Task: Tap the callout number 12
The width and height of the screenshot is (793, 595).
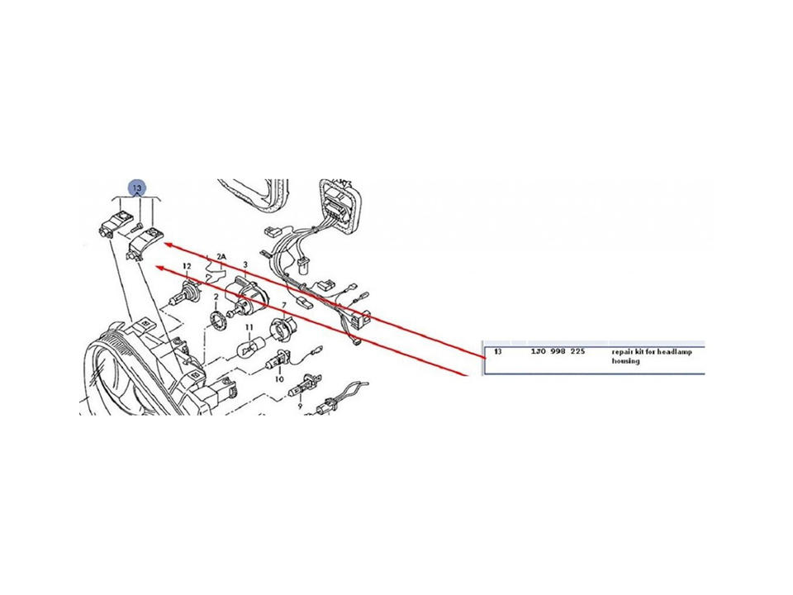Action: click(188, 266)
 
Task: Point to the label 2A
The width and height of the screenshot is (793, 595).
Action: click(221, 256)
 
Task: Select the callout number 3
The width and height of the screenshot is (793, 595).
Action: click(245, 264)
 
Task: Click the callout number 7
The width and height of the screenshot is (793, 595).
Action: click(283, 305)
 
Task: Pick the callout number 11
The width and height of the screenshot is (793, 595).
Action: click(247, 328)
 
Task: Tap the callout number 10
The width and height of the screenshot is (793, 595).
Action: click(278, 378)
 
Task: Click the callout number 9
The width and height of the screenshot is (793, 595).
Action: click(301, 406)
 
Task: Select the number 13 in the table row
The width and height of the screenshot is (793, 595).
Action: click(497, 351)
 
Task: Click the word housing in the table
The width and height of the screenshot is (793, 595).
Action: click(625, 361)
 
